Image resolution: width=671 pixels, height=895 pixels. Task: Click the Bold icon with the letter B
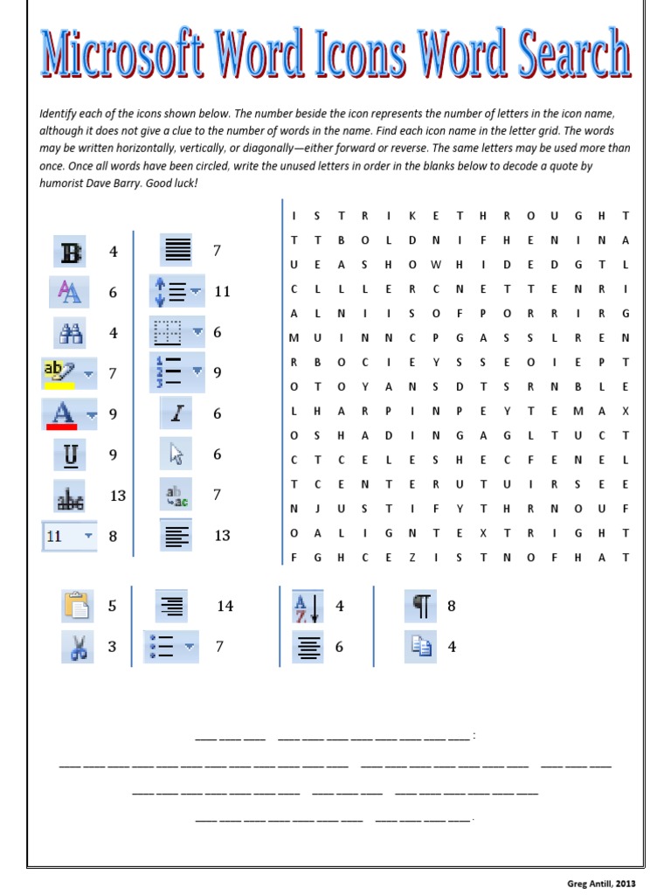tap(71, 252)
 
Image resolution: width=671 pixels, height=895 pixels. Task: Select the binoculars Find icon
tap(71, 332)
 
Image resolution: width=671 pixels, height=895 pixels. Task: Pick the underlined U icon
tap(71, 454)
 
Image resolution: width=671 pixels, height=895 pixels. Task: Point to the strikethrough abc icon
tap(71, 496)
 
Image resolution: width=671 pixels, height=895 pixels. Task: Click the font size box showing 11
tap(69, 536)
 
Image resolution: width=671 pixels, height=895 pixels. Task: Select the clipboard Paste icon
tap(77, 605)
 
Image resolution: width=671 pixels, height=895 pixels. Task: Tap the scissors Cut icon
tap(77, 647)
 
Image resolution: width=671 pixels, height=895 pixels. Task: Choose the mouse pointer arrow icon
tap(176, 454)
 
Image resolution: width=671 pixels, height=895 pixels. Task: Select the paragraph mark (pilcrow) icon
tap(421, 605)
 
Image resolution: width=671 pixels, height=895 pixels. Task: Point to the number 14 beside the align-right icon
tap(225, 606)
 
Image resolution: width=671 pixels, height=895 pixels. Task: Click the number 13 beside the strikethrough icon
tap(118, 496)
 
